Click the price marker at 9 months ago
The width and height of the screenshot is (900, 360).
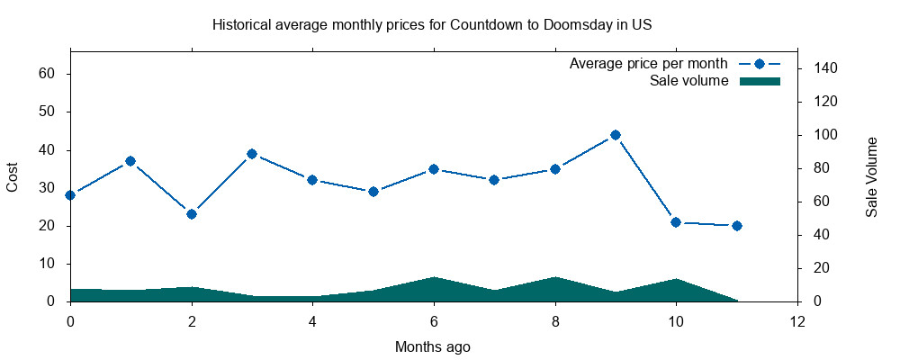(616, 135)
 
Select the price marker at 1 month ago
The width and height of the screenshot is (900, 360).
(130, 161)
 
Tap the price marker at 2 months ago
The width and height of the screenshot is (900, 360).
(191, 214)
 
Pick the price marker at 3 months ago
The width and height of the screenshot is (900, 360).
(252, 154)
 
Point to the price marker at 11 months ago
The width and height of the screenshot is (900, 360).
(737, 226)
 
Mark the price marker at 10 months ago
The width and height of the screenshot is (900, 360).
(676, 222)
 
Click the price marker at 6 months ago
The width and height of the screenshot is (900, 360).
(434, 169)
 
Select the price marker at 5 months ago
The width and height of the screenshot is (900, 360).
(373, 192)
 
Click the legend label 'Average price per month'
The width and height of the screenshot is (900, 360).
(648, 65)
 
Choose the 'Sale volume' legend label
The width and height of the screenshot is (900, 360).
(688, 82)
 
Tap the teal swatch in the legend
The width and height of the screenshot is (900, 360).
(760, 82)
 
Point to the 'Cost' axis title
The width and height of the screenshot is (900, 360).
(13, 177)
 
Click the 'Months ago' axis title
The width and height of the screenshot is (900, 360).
(433, 346)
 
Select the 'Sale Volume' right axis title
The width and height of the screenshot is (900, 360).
(871, 177)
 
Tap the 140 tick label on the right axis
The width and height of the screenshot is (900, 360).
(826, 68)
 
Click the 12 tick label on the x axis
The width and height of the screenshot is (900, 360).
(797, 321)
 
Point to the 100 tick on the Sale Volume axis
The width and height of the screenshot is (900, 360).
(826, 135)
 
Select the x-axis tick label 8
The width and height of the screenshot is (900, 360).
(555, 321)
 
